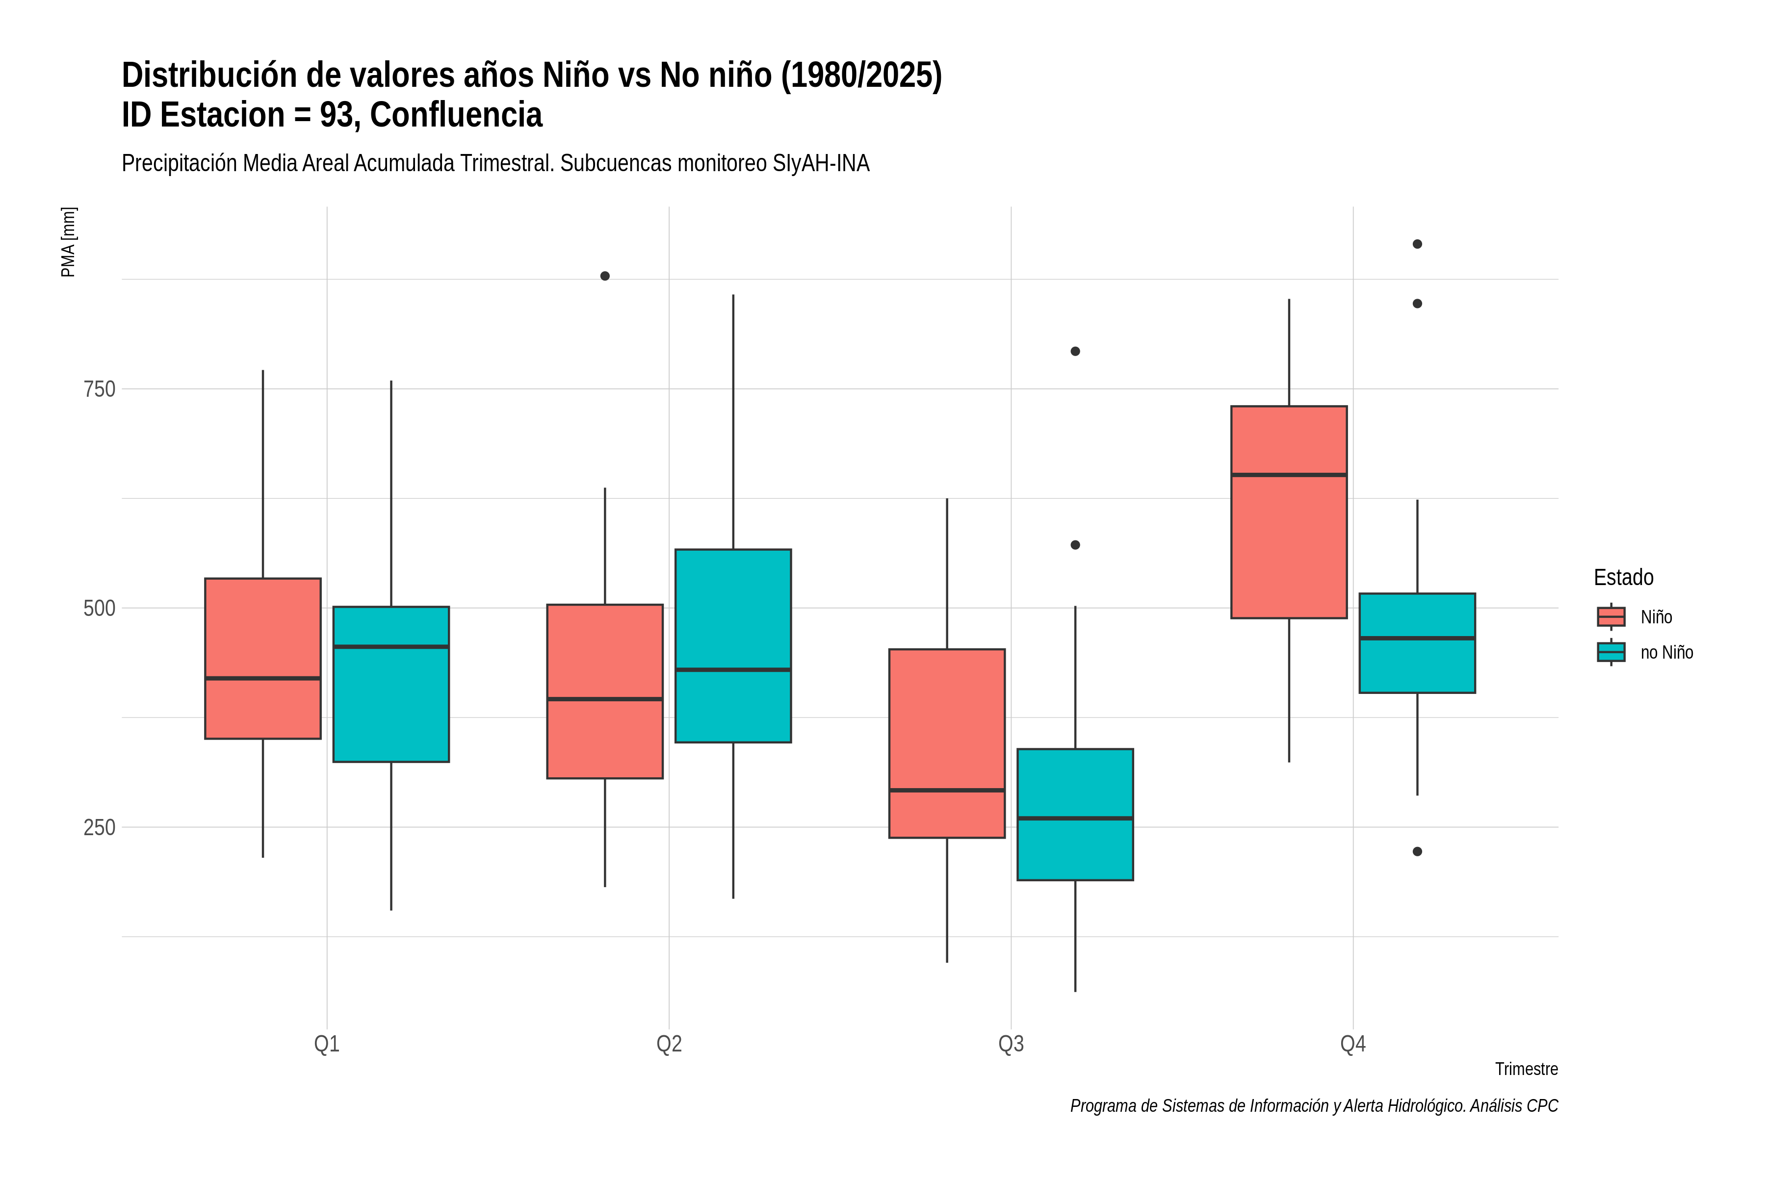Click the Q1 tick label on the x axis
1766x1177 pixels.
[327, 1044]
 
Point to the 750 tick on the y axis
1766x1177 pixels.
[99, 389]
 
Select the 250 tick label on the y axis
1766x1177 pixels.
[99, 827]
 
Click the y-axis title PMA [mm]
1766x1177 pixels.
[68, 242]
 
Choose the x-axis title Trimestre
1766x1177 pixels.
[1527, 1069]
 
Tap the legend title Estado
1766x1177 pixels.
[1623, 577]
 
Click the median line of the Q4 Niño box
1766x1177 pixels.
[1289, 474]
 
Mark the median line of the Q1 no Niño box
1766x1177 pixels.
[390, 646]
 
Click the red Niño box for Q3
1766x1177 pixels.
[947, 743]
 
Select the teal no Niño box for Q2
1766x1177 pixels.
[733, 645]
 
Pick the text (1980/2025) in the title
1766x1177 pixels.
[861, 76]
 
